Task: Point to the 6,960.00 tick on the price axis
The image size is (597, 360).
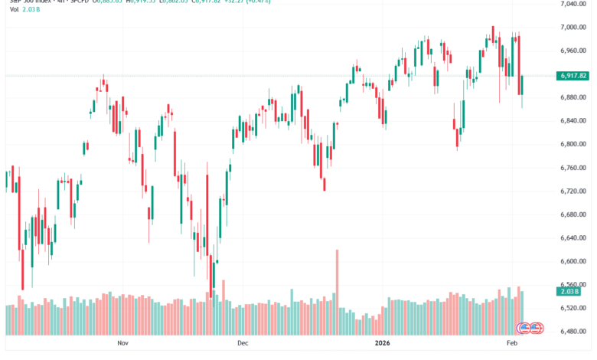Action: pos(573,51)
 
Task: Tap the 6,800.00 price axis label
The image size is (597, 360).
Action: pos(573,145)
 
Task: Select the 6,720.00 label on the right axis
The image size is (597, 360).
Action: pos(573,191)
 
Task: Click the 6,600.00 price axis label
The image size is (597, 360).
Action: pos(573,262)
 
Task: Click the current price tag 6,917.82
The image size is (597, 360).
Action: pos(573,76)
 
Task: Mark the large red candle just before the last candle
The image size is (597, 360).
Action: pos(518,64)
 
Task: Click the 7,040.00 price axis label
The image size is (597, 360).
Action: pos(573,4)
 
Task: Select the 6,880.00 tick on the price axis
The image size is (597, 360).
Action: pos(573,98)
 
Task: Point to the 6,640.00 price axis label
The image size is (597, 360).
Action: pos(573,238)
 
